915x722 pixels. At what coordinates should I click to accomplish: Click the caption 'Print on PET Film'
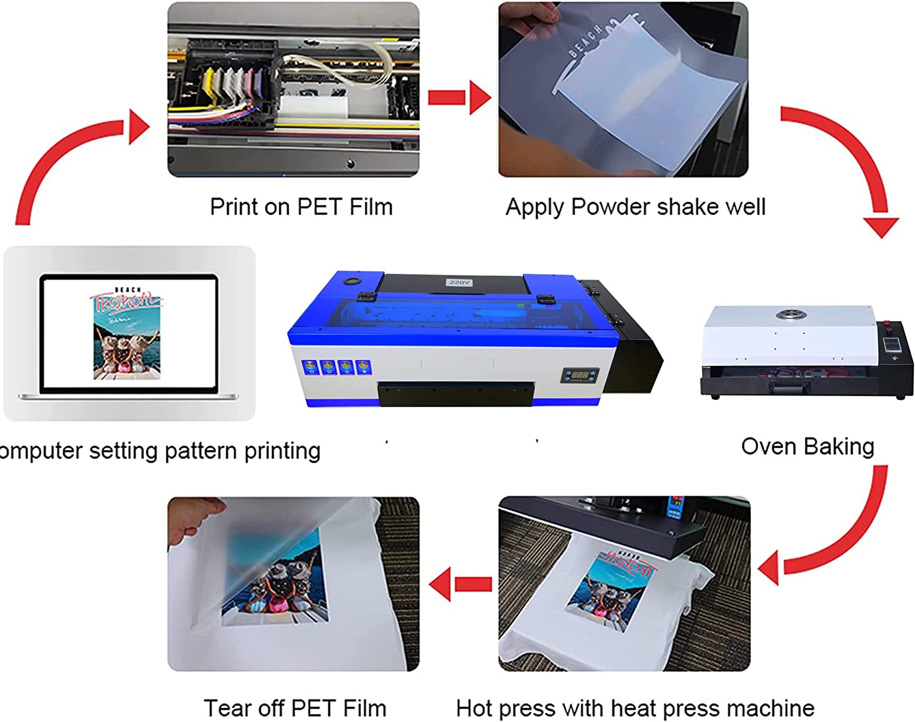[301, 207]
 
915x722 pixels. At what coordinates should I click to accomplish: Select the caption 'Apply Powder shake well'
[635, 207]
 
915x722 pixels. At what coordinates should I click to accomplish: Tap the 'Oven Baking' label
[807, 446]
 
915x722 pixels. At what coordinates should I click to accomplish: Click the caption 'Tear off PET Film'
[295, 708]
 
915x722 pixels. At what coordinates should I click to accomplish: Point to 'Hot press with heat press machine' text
[635, 708]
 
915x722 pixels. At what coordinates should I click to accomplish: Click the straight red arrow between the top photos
[459, 98]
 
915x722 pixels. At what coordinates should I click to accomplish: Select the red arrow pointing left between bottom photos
[461, 584]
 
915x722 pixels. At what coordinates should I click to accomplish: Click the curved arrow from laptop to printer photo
[67, 159]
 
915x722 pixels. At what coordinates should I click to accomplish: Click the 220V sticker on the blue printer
[459, 282]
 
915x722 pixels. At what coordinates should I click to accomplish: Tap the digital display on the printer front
[579, 375]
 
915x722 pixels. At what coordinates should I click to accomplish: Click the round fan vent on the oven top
[791, 315]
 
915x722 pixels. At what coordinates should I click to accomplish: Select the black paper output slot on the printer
[454, 394]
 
